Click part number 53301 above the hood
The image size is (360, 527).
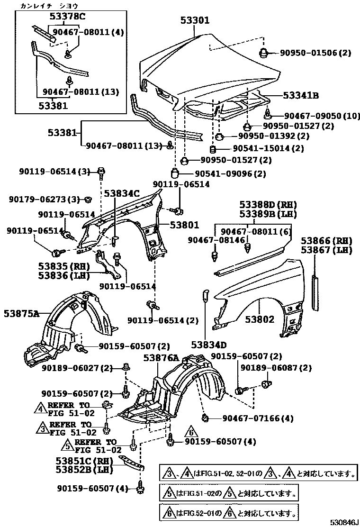pyautogui.click(x=195, y=20)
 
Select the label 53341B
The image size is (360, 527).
pyautogui.click(x=301, y=96)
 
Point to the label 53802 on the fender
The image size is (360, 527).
pyautogui.click(x=260, y=319)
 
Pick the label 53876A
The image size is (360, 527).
pyautogui.click(x=161, y=358)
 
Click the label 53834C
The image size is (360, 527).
pyautogui.click(x=122, y=193)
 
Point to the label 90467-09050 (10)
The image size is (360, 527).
pyautogui.click(x=322, y=116)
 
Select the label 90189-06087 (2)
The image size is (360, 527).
pyautogui.click(x=276, y=368)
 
